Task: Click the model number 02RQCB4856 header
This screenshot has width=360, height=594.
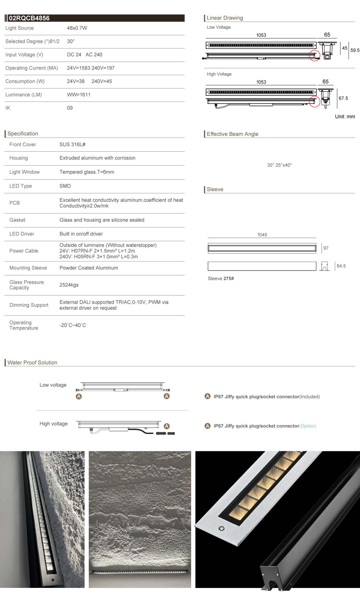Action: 29,18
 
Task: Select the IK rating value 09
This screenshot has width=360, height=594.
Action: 70,108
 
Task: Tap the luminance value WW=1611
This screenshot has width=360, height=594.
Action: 79,95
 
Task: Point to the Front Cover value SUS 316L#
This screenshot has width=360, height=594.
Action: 72,145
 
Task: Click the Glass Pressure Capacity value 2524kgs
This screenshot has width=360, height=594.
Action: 69,285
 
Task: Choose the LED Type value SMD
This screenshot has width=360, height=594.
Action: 65,186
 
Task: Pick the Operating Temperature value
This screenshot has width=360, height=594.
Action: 73,325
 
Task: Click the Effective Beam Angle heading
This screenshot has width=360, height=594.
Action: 232,134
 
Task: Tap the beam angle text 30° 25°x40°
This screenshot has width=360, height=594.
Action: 279,165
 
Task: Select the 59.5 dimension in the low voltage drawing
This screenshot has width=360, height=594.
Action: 355,50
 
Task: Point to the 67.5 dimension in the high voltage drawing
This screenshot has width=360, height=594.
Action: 343,98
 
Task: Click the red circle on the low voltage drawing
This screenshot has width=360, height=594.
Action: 314,56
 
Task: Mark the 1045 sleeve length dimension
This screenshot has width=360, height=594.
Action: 262,235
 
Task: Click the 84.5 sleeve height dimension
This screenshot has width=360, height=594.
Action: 341,266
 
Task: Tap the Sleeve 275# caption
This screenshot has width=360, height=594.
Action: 221,279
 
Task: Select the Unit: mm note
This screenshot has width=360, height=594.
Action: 345,116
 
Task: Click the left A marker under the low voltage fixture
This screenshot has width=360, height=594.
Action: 79,396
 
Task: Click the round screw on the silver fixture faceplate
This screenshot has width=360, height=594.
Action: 222,528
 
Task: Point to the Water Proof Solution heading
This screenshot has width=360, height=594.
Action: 32,363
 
